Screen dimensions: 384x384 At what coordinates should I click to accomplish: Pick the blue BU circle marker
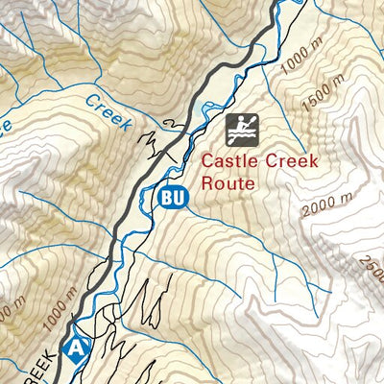click(174, 198)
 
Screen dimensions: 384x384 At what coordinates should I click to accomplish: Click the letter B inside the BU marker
click(168, 198)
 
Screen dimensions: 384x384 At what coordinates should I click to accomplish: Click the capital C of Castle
click(208, 160)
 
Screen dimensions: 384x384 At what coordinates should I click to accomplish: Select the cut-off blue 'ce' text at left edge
click(6, 125)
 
